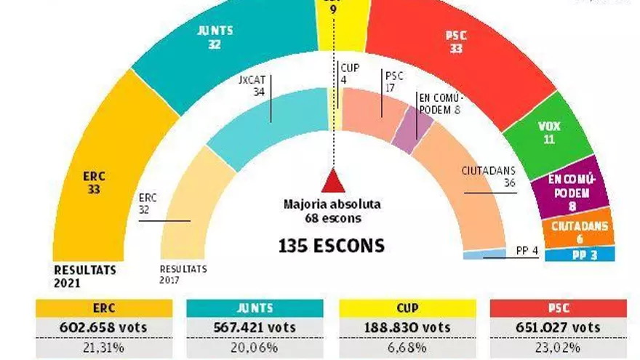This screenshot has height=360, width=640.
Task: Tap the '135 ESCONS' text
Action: coord(331,247)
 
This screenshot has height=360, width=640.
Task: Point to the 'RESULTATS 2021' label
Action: coord(84,275)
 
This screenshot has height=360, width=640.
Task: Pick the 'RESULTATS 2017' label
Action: coord(183,273)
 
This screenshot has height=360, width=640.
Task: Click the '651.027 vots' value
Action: coord(558,327)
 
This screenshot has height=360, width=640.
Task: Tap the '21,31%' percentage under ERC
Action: coord(104,348)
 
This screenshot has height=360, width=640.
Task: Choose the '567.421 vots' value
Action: coord(255,327)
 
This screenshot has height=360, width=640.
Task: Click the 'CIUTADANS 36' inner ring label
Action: coord(489,177)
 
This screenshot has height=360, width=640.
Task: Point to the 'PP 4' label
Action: coord(527,252)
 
